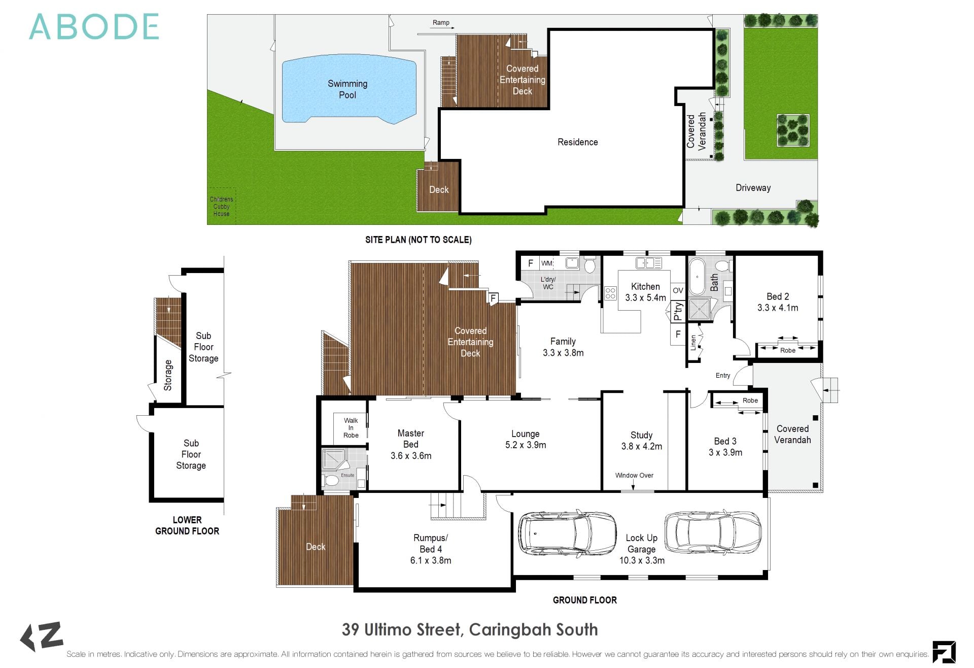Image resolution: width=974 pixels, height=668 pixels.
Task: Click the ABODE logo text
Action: tap(94, 27)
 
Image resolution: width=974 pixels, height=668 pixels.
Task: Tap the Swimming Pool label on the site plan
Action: tap(347, 89)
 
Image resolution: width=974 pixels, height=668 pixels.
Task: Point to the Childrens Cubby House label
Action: tap(222, 207)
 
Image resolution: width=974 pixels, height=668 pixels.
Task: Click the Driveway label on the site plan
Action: tap(753, 188)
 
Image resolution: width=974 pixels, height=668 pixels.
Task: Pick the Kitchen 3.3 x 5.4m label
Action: tap(645, 292)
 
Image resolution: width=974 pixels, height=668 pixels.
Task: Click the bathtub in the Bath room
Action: tap(698, 277)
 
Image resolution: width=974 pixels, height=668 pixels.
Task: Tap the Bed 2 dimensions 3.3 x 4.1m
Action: tap(778, 308)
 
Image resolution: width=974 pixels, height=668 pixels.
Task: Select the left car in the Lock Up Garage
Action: tap(567, 532)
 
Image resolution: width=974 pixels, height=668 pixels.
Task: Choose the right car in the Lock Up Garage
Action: tap(713, 531)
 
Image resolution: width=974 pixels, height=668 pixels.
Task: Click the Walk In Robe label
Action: tap(351, 428)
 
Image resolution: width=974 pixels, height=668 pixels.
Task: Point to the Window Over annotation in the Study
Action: tap(634, 476)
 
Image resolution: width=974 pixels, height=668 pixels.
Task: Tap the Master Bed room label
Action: tap(411, 439)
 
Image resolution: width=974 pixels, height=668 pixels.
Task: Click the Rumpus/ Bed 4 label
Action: tap(431, 544)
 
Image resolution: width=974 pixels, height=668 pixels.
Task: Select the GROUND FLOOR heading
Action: tap(585, 600)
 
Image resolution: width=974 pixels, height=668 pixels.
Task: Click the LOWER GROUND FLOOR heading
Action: tap(187, 525)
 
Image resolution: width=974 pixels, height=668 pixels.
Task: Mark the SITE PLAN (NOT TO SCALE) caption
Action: tap(419, 240)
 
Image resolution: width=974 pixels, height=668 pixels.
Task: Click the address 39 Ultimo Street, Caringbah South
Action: tap(470, 629)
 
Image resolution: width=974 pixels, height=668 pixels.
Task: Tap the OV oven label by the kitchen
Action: tap(678, 291)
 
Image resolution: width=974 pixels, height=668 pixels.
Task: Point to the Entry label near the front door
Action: tap(723, 376)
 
